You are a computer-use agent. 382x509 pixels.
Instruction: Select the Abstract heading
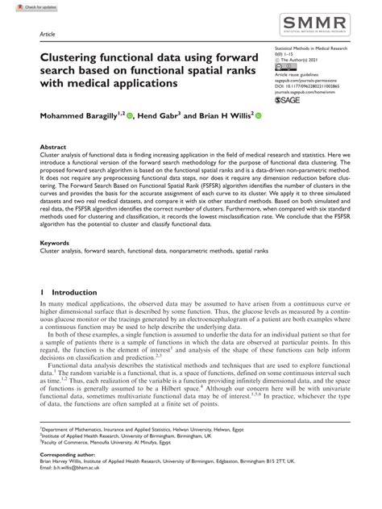click(x=53, y=148)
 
